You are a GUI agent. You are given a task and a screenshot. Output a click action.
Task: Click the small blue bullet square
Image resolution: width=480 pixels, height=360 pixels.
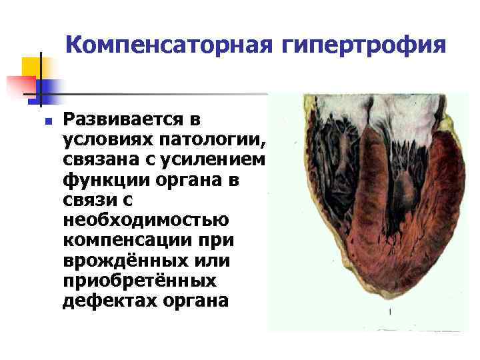pos(46,121)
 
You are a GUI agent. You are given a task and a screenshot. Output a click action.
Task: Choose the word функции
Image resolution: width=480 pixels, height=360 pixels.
pos(108,181)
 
